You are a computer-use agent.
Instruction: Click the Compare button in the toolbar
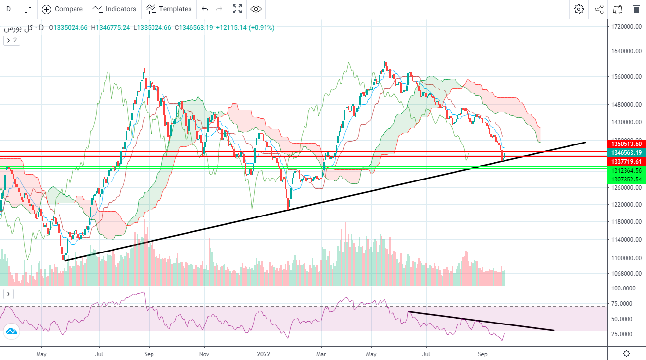click(62, 9)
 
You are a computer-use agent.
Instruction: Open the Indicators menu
click(114, 9)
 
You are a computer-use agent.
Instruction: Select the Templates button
click(169, 9)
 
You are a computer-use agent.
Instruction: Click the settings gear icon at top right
click(579, 9)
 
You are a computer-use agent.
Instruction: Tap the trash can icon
click(636, 9)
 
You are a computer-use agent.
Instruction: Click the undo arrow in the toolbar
click(205, 9)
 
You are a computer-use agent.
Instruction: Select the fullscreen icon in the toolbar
click(237, 9)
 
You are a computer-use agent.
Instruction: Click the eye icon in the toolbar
click(256, 9)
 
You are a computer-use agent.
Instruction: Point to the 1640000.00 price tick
click(625, 51)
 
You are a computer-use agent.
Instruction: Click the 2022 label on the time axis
click(264, 354)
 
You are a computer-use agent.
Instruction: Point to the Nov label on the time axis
click(204, 354)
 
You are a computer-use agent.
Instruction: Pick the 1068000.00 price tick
click(625, 274)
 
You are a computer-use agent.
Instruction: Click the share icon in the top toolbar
click(599, 9)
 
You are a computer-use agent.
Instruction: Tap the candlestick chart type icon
click(28, 9)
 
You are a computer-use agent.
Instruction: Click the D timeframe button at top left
click(8, 9)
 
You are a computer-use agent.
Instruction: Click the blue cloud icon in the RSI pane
click(11, 331)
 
